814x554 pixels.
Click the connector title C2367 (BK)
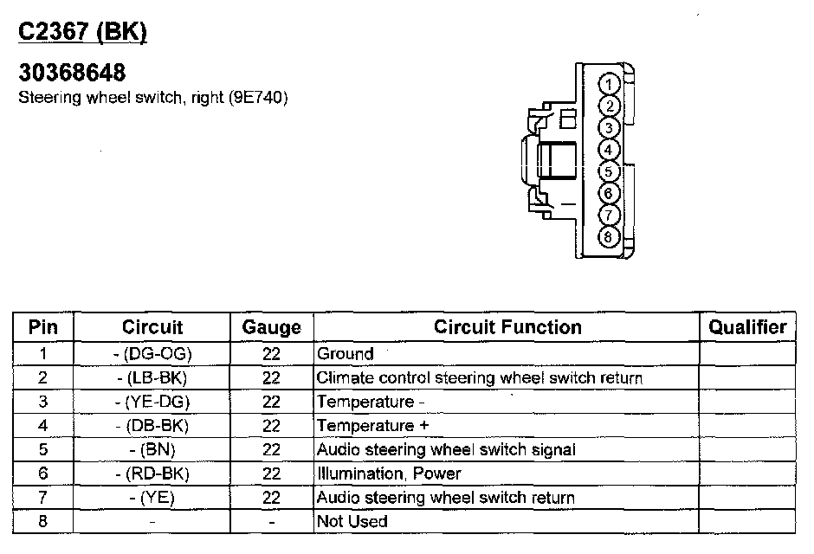(x=83, y=32)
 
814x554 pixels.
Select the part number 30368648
(x=72, y=74)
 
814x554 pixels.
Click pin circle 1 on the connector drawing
(x=610, y=84)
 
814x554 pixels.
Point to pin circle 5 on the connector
(x=610, y=171)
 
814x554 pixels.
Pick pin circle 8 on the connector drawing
(x=610, y=236)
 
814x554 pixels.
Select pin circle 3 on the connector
(x=610, y=128)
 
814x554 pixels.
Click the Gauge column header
(x=271, y=327)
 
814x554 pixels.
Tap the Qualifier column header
(x=747, y=326)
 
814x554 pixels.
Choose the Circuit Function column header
(x=507, y=326)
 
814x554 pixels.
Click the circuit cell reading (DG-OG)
(x=153, y=354)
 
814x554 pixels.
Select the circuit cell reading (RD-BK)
(x=152, y=473)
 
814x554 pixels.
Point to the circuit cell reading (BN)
(x=152, y=450)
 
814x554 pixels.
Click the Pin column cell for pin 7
(x=43, y=498)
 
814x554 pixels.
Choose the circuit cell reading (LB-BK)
(x=152, y=378)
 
